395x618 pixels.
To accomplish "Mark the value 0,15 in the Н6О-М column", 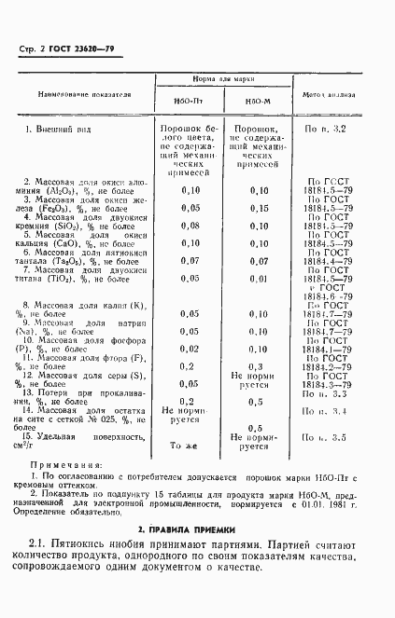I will point(259,208).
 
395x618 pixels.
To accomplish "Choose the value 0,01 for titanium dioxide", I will point(259,279).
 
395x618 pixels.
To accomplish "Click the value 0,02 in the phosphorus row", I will point(190,348).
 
